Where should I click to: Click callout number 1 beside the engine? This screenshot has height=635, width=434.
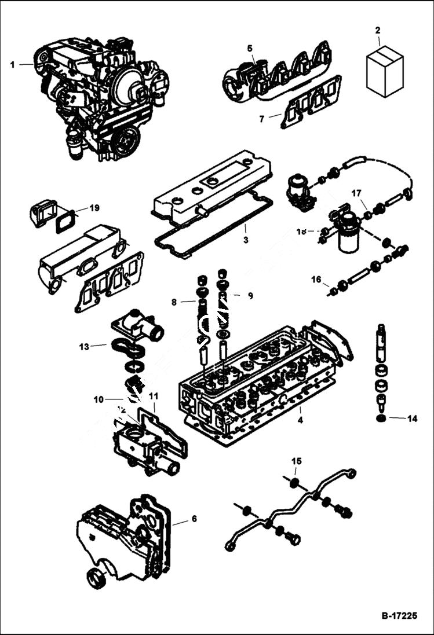tap(12, 64)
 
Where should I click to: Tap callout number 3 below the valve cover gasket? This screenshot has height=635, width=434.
tap(246, 240)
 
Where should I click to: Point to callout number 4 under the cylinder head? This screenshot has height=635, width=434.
tap(300, 420)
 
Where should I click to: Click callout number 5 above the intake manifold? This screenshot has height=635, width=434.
tap(250, 48)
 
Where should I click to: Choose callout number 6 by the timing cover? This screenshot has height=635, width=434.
tap(194, 519)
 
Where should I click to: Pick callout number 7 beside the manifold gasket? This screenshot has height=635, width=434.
tap(261, 119)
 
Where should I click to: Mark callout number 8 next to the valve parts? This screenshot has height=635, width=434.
tap(173, 302)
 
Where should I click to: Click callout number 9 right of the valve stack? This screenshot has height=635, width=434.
tap(250, 296)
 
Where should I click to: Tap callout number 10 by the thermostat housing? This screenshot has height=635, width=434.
tap(99, 399)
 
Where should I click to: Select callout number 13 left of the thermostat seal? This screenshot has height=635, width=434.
tap(84, 347)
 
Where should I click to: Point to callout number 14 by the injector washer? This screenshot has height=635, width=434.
tap(412, 418)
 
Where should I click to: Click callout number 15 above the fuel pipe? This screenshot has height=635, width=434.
tap(296, 461)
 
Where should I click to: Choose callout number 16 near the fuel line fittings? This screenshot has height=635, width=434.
tap(316, 280)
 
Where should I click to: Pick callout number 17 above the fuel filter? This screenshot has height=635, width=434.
tap(356, 192)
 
